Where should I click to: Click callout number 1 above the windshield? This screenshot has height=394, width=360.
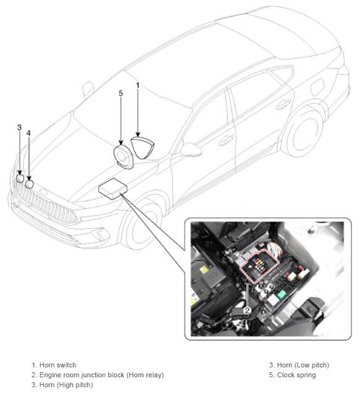[137, 85]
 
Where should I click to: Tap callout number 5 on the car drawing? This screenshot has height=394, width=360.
[121, 93]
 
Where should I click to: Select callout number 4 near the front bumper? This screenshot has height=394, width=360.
[28, 133]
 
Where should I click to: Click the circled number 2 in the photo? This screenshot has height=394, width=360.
[247, 310]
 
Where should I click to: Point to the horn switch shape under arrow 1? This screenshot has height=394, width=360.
[142, 148]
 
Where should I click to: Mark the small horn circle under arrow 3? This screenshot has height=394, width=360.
[20, 178]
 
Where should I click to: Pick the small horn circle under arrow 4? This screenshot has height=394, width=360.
[30, 184]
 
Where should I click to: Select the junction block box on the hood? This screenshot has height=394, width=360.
[113, 189]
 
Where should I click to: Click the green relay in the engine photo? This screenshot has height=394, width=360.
[281, 293]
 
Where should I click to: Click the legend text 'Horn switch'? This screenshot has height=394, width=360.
[58, 365]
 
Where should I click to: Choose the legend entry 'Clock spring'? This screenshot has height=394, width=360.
[296, 375]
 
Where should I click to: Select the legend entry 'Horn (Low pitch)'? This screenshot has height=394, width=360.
[302, 365]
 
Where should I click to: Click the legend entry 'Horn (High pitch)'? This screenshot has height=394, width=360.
[66, 385]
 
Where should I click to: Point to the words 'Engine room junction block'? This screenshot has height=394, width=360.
[82, 375]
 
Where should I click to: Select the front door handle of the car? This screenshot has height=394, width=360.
[226, 140]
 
